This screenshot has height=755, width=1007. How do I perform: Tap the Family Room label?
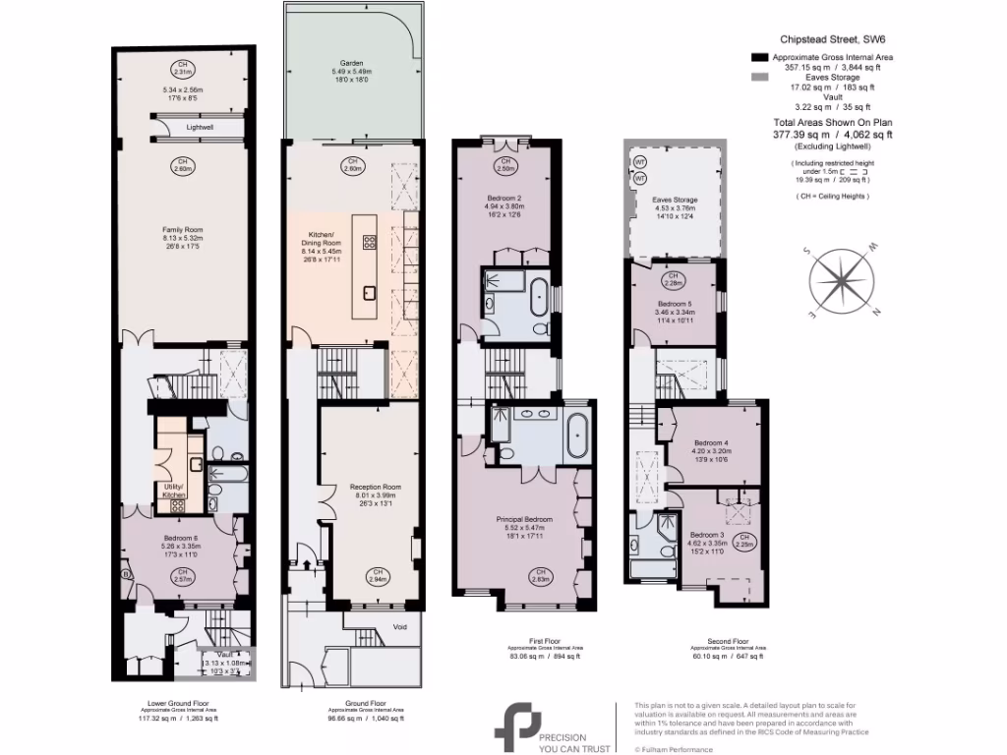[181, 230]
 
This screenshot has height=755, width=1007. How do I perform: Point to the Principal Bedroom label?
[524, 519]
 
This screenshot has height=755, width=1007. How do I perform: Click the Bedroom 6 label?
[181, 538]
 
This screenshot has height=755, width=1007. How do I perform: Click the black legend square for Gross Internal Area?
[757, 59]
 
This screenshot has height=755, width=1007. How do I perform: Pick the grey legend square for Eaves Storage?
[757, 77]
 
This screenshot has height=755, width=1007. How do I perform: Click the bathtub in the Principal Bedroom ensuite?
[576, 432]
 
